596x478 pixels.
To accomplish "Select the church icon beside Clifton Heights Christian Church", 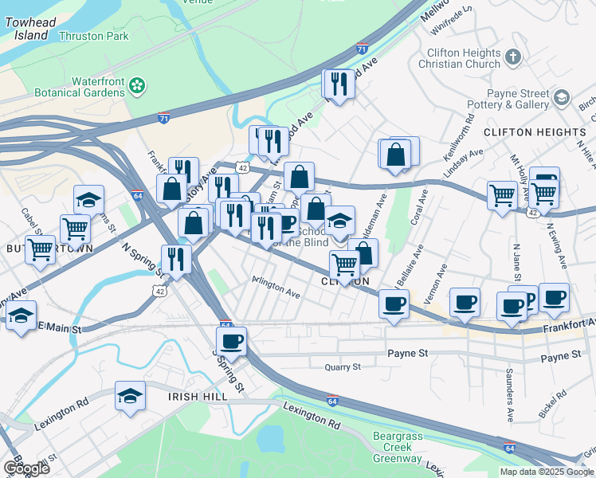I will click(513, 57).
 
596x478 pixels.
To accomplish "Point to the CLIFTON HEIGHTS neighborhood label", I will click(534, 131).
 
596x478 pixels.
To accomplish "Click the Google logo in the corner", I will click(26, 468).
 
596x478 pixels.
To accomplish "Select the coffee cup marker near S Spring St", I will click(231, 342).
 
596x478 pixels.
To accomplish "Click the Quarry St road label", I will click(343, 367).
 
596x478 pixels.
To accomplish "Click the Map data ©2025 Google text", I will click(544, 472).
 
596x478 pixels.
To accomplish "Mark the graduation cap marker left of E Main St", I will click(22, 315).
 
